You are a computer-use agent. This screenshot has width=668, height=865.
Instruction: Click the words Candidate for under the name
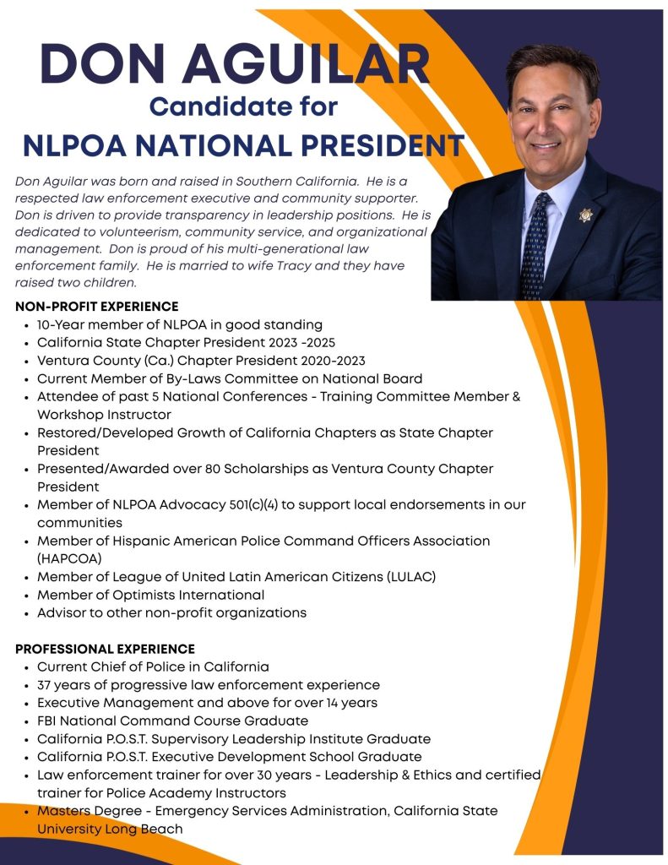coord(243,107)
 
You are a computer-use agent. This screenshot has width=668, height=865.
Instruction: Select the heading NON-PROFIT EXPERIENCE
coord(96,306)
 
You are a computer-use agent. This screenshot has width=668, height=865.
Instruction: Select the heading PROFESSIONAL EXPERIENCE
coord(105,649)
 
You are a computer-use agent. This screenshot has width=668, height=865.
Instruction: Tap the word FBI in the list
coord(49,721)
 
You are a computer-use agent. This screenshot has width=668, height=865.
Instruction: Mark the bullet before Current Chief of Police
coord(27,667)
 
